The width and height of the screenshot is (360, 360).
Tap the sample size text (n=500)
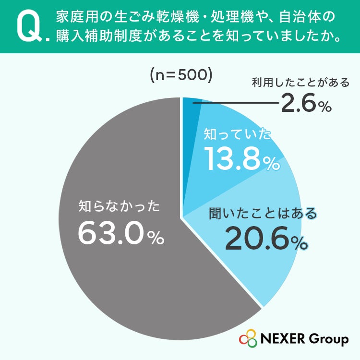pyautogui.click(x=180, y=75)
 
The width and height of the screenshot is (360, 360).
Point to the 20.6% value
pyautogui.click(x=266, y=239)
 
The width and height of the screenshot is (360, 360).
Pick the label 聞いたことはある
pyautogui.click(x=263, y=213)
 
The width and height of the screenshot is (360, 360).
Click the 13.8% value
pyautogui.click(x=242, y=159)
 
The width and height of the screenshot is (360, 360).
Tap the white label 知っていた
pyautogui.click(x=238, y=134)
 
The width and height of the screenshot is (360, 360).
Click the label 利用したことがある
pyautogui.click(x=300, y=83)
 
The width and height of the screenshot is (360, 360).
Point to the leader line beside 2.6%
pyautogui.click(x=236, y=103)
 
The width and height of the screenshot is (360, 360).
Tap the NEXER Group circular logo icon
pyautogui.click(x=248, y=338)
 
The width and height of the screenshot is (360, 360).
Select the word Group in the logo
pyautogui.click(x=329, y=339)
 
